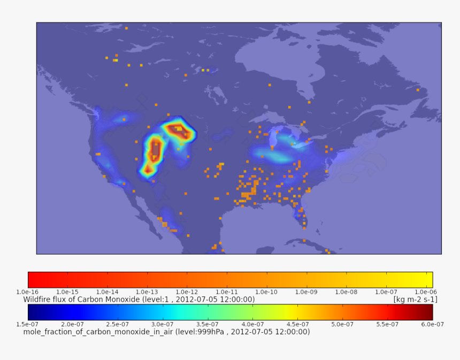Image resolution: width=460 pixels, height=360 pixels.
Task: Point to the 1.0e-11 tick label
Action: [x=225, y=292]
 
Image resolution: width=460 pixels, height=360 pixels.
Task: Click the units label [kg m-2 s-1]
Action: [x=415, y=300]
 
